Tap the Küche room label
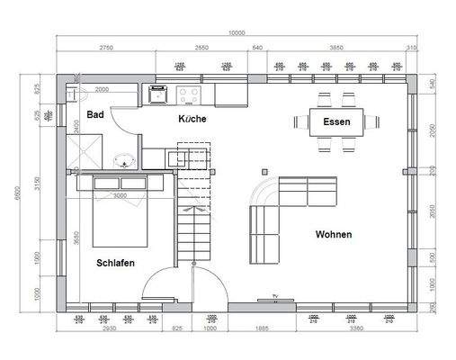(193, 120)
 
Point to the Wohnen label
(333, 234)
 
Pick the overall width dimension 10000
(236, 34)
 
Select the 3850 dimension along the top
(335, 48)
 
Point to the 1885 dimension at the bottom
(262, 330)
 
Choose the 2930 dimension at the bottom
(111, 330)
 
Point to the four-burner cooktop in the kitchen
(191, 93)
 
